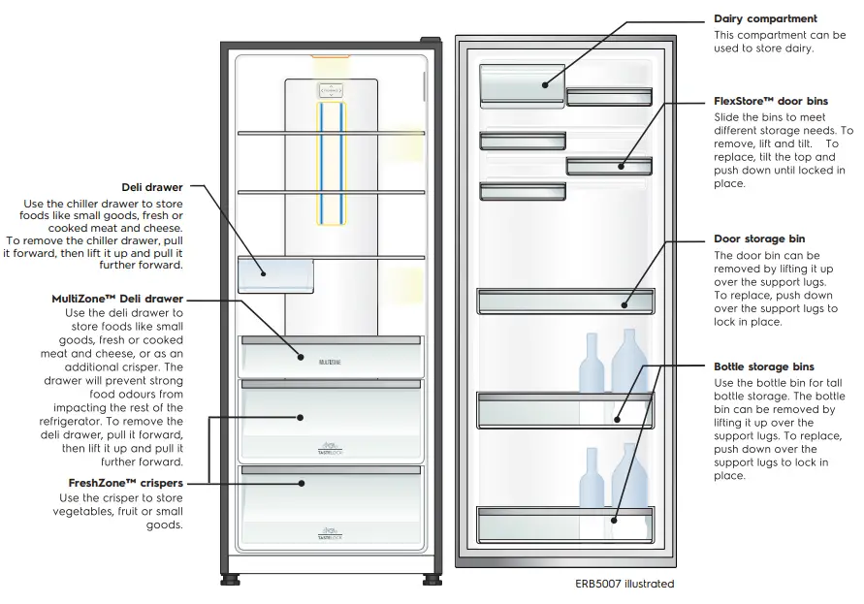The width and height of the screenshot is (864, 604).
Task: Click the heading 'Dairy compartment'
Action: tap(765, 18)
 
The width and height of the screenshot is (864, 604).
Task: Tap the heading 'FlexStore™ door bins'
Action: tap(771, 101)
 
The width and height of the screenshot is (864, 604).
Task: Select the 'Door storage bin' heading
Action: tap(759, 238)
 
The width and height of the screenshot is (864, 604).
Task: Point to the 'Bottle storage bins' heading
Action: tap(763, 366)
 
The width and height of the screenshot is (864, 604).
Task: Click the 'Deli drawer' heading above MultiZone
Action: tap(152, 187)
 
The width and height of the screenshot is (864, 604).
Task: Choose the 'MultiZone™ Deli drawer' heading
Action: tap(117, 300)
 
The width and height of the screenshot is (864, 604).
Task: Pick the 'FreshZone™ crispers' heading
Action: tap(126, 482)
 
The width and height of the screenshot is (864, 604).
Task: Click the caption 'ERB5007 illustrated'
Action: tap(624, 584)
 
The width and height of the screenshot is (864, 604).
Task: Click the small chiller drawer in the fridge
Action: tap(275, 275)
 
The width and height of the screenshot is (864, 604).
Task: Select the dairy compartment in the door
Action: tap(522, 83)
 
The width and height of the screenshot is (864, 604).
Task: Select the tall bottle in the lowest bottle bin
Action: tap(629, 485)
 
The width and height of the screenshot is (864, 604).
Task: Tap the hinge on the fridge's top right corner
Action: tap(427, 41)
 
